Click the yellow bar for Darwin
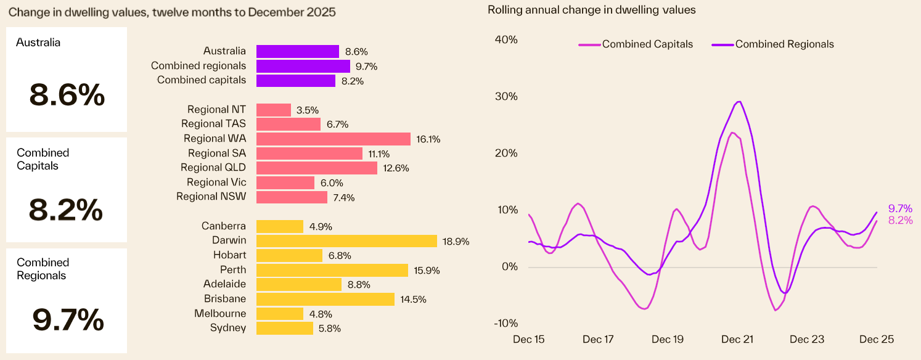(346, 240)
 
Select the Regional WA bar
(333, 139)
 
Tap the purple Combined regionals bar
(303, 66)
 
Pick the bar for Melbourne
(279, 314)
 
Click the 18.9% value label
(456, 241)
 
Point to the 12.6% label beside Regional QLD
(395, 168)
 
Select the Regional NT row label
(216, 110)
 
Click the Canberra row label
(223, 226)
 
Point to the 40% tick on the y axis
(506, 39)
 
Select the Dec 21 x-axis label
(737, 340)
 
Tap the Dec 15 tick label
(529, 340)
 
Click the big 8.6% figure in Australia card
(67, 96)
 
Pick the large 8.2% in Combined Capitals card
(66, 211)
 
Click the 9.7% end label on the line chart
(900, 209)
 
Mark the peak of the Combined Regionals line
(739, 102)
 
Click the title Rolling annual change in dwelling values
(591, 10)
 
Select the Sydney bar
(284, 328)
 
